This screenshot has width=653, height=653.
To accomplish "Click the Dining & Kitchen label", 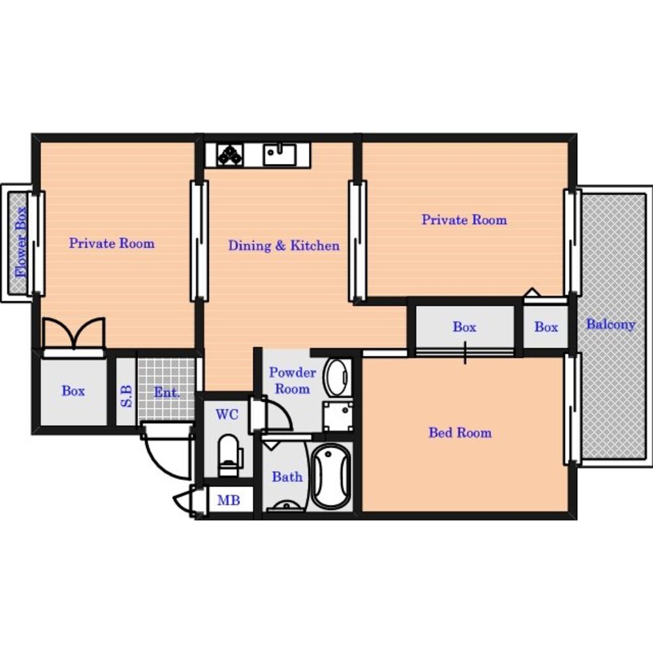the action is (283, 246).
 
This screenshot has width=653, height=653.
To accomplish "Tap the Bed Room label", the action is (460, 432).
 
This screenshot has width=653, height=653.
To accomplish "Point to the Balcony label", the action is (611, 324).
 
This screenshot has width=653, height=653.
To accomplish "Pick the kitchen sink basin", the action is (279, 155).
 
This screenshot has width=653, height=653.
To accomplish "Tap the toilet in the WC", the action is (230, 455).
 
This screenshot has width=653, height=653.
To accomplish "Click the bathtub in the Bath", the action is (332, 477).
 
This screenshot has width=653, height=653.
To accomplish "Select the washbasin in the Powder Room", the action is (337, 377).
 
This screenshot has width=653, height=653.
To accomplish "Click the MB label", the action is (229, 500).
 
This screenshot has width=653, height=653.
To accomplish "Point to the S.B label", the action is (126, 396).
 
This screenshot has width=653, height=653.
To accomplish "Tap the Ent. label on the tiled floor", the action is (167, 392).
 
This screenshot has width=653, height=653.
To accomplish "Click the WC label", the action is (227, 415).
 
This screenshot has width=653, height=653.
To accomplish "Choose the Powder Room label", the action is (293, 380).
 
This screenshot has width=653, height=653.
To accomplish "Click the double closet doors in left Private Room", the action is (74, 333).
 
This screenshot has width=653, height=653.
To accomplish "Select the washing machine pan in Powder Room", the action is (338, 415).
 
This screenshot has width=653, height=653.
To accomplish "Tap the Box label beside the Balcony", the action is (546, 327).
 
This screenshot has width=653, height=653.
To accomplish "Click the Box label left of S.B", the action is (73, 390).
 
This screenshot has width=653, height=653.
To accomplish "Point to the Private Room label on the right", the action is (464, 219).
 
